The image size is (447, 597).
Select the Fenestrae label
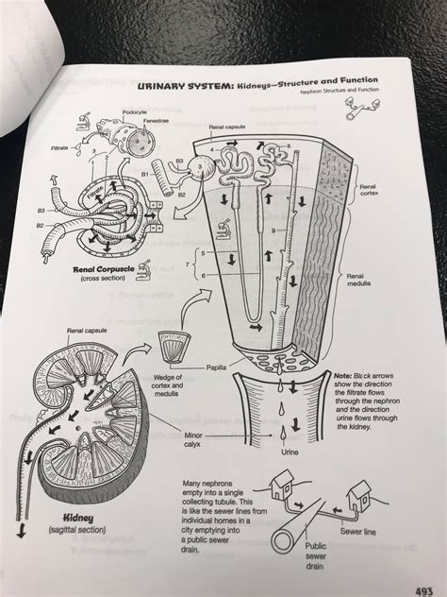click(x=156, y=122)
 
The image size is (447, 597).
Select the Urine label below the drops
click(x=291, y=452)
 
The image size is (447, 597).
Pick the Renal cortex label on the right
click(x=367, y=192)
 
